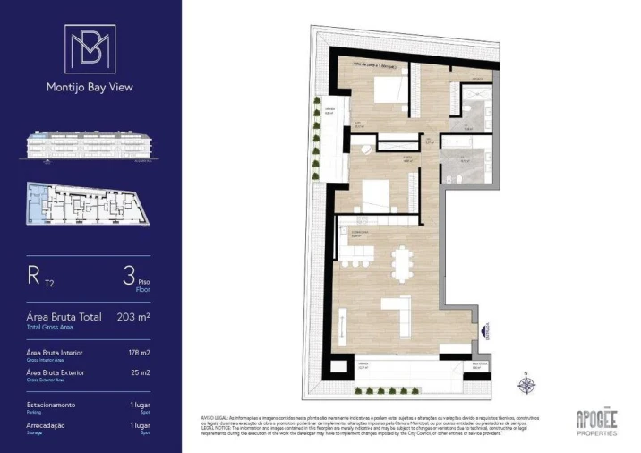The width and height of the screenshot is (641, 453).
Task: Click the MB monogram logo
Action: [x=90, y=50]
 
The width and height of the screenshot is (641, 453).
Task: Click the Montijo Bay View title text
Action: [x=90, y=88]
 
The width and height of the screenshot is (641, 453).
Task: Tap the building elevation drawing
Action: [x=90, y=146]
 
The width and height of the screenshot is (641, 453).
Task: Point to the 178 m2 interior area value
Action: [x=140, y=353]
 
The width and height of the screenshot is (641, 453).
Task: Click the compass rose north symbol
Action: [x=526, y=384]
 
